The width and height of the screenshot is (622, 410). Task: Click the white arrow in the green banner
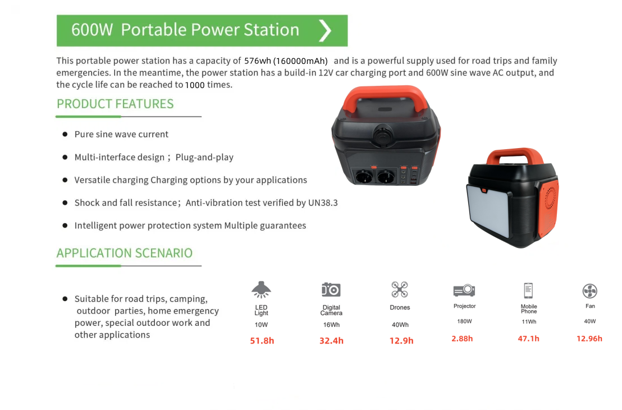click(x=325, y=30)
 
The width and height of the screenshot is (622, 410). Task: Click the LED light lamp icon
click(x=261, y=289)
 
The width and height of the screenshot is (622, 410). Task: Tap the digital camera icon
click(x=331, y=289)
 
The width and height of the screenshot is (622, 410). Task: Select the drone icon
click(x=400, y=289)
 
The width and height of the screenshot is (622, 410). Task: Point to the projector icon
click(x=464, y=290)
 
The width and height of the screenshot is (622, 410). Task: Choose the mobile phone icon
click(x=528, y=291)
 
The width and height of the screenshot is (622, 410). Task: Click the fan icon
click(x=590, y=291)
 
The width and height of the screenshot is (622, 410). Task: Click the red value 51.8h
click(x=262, y=340)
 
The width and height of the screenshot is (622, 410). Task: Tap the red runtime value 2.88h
click(x=462, y=339)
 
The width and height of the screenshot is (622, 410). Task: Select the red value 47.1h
click(x=528, y=339)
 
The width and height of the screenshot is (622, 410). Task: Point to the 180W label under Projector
click(x=464, y=321)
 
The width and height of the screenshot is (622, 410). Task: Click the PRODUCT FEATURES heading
click(x=115, y=104)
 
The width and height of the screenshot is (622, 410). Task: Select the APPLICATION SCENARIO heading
click(x=124, y=253)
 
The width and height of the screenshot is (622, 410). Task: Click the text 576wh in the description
click(x=258, y=61)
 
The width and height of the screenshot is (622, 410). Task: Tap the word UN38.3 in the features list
click(x=323, y=202)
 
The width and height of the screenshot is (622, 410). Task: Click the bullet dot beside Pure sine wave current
click(x=65, y=135)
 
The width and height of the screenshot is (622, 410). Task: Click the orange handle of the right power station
click(x=515, y=156)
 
